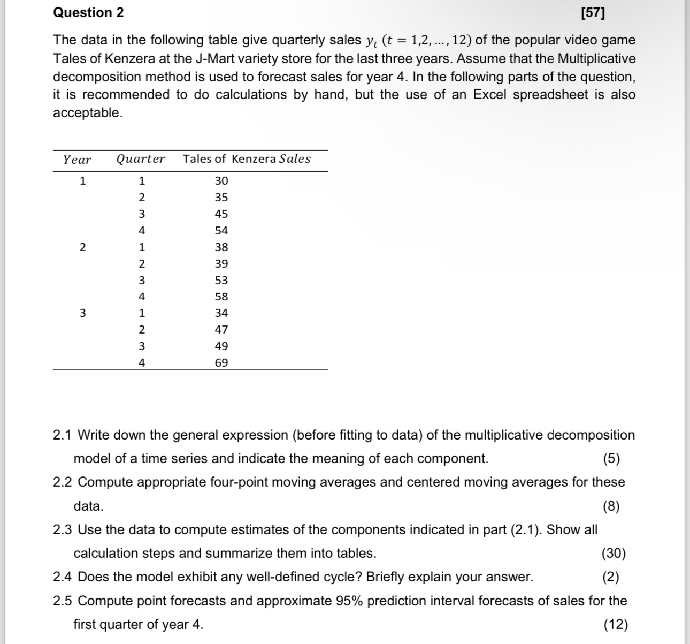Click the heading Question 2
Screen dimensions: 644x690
[88, 13]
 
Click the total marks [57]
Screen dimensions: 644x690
[593, 13]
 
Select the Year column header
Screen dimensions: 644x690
[77, 160]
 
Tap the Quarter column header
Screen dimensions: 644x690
[141, 159]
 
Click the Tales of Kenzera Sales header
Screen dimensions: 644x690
[247, 159]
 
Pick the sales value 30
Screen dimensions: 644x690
[221, 181]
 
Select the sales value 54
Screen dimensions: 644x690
[221, 231]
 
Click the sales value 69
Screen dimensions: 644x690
[221, 363]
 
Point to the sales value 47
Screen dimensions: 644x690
[221, 330]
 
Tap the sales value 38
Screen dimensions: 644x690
[221, 247]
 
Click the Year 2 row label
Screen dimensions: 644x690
[82, 247]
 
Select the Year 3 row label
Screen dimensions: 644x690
[82, 313]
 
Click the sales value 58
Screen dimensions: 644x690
[221, 297]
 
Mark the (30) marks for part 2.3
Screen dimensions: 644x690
[614, 554]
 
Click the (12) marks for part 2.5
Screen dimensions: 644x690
[615, 625]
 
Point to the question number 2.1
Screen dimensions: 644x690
[63, 435]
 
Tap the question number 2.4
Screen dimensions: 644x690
[63, 577]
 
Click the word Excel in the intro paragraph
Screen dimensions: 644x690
[495, 95]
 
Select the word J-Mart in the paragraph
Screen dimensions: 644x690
[214, 58]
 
